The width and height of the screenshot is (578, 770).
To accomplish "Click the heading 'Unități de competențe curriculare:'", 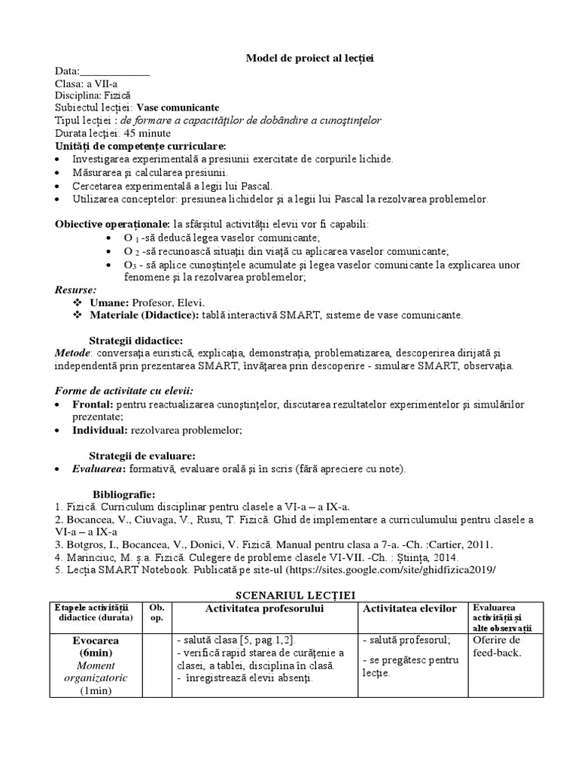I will click(140, 145).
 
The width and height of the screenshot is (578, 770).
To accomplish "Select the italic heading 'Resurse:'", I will click(75, 290).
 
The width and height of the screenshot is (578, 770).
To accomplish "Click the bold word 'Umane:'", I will click(109, 302).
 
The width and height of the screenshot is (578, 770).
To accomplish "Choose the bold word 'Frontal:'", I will click(93, 405).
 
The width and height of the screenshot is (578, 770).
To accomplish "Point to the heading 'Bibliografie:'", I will click(123, 494).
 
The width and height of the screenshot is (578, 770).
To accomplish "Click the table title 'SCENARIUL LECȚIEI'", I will click(289, 595).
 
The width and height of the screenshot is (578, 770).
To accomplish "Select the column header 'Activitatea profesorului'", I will click(264, 608).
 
